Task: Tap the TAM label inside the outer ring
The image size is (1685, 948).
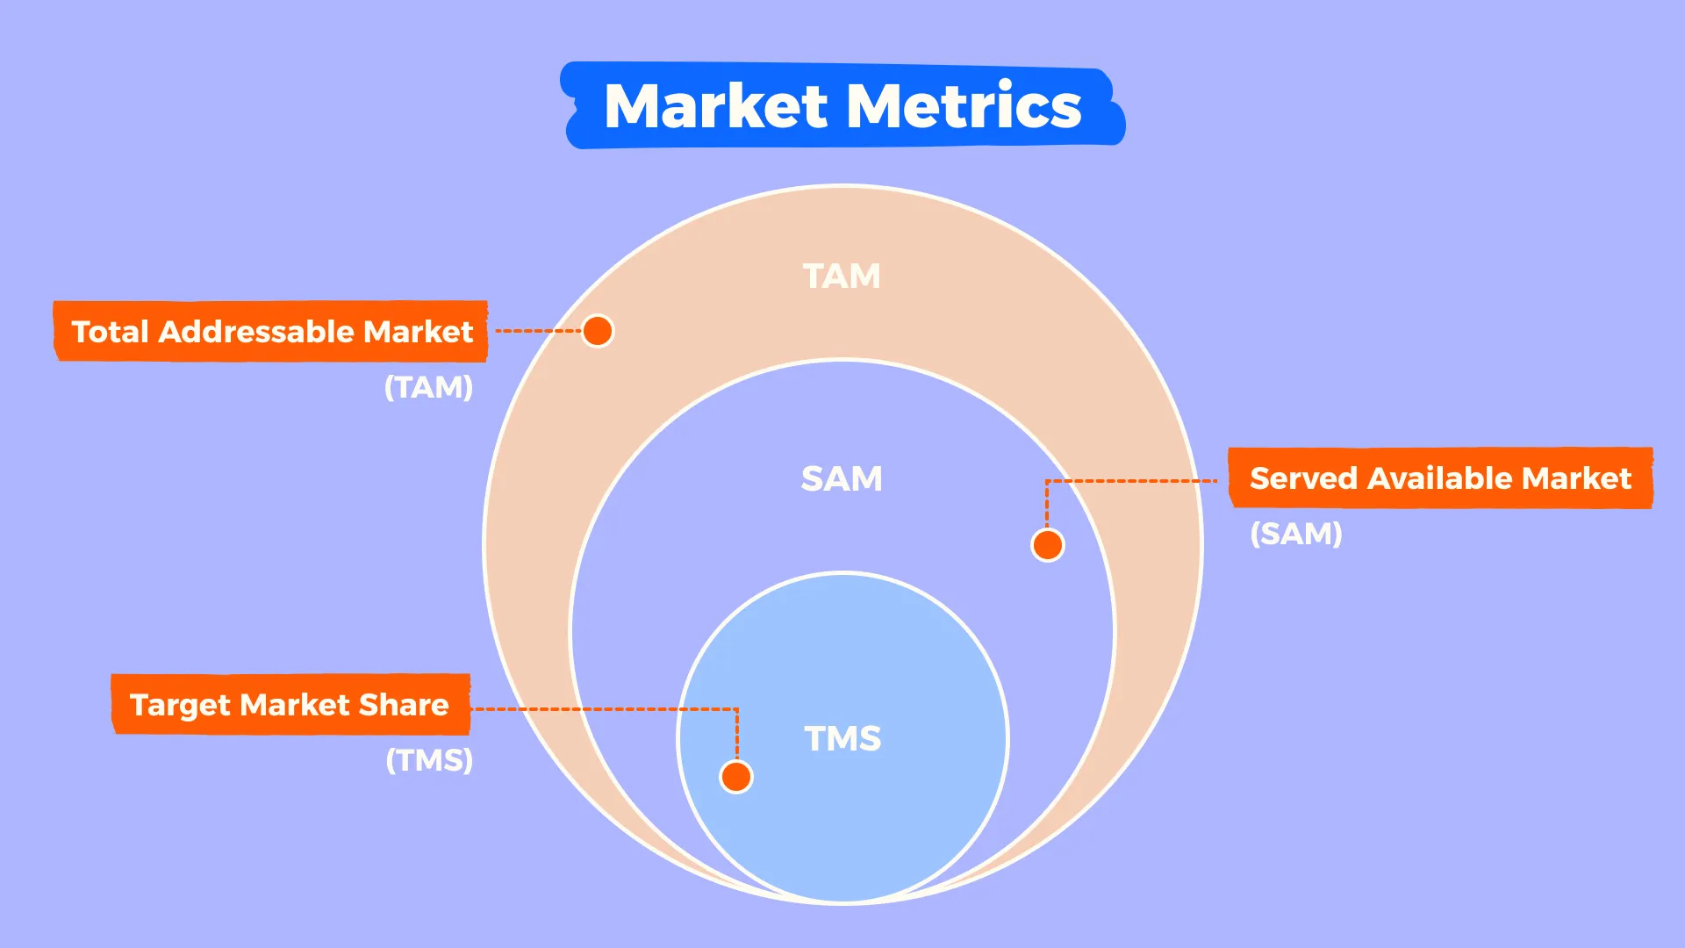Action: pyautogui.click(x=842, y=276)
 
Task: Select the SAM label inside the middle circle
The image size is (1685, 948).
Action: pyautogui.click(x=842, y=479)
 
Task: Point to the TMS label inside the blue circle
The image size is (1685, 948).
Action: pyautogui.click(x=842, y=739)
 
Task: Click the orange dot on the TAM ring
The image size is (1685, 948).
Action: pyautogui.click(x=598, y=331)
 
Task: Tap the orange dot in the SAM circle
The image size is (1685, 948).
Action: pyautogui.click(x=1048, y=545)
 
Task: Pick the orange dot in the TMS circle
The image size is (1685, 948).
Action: pyautogui.click(x=736, y=777)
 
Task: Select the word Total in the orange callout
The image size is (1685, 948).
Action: pyautogui.click(x=110, y=332)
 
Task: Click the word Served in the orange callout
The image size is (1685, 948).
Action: pyautogui.click(x=1303, y=478)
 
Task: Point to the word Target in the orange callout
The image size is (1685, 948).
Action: pyautogui.click(x=180, y=706)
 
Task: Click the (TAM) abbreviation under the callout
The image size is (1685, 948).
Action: pyautogui.click(x=429, y=387)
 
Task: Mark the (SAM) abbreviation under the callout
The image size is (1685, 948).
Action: pyautogui.click(x=1296, y=534)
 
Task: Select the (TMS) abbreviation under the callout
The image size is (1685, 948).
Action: pyautogui.click(x=429, y=760)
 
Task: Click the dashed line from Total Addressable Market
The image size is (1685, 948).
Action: pyautogui.click(x=537, y=331)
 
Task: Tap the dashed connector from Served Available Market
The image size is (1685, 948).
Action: pyautogui.click(x=1132, y=481)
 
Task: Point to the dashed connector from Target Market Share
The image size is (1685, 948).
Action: pyautogui.click(x=606, y=709)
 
